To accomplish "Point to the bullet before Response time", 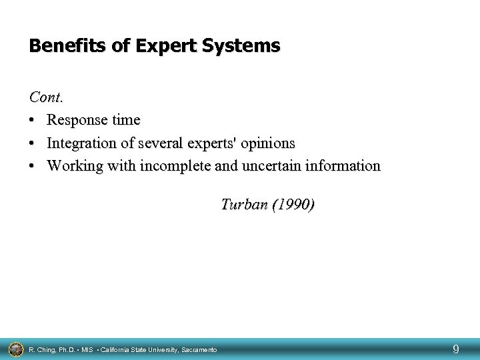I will pyautogui.click(x=33, y=120).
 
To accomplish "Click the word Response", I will pyautogui.click(x=76, y=120).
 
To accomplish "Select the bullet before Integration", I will pyautogui.click(x=33, y=143).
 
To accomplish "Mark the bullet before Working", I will pyautogui.click(x=33, y=166).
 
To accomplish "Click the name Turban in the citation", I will pyautogui.click(x=243, y=204).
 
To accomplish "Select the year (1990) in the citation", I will pyautogui.click(x=293, y=204).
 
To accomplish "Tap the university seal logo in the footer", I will pyautogui.click(x=15, y=347).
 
